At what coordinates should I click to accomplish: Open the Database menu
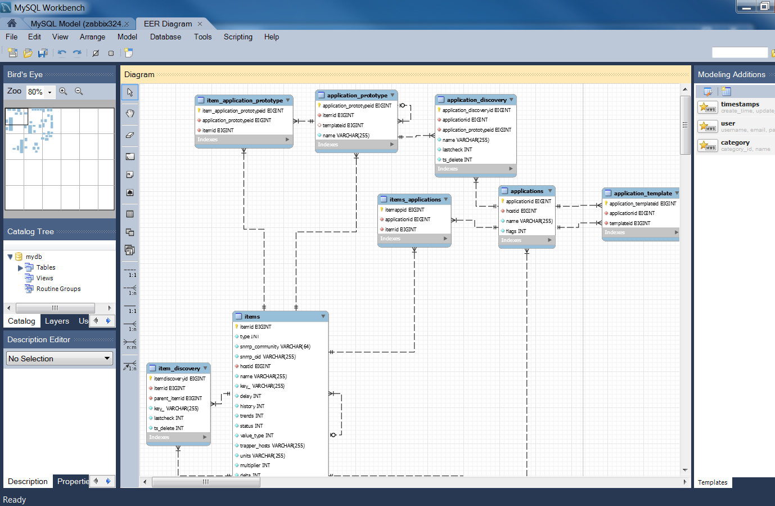click(x=165, y=37)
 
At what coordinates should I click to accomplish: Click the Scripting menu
click(x=238, y=37)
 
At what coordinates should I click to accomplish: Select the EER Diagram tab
click(x=168, y=24)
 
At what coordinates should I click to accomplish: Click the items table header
click(x=252, y=316)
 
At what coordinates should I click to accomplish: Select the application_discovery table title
click(x=476, y=100)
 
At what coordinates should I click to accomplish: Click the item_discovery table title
click(x=179, y=368)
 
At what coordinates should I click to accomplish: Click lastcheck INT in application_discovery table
click(x=457, y=150)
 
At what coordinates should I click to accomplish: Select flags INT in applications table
click(x=516, y=231)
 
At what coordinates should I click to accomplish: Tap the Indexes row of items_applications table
click(x=414, y=239)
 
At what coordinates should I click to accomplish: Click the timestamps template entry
click(x=740, y=104)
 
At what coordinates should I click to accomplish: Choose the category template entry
click(x=735, y=142)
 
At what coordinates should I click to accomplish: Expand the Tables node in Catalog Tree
click(x=21, y=268)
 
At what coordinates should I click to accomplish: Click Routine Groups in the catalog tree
click(x=58, y=289)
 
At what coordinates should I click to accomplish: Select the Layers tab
click(x=57, y=321)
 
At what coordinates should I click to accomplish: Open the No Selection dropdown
click(x=60, y=359)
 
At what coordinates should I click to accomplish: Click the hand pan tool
click(x=130, y=113)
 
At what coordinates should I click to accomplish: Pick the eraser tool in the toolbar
click(x=130, y=135)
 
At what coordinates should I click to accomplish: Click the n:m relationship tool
click(x=130, y=343)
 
